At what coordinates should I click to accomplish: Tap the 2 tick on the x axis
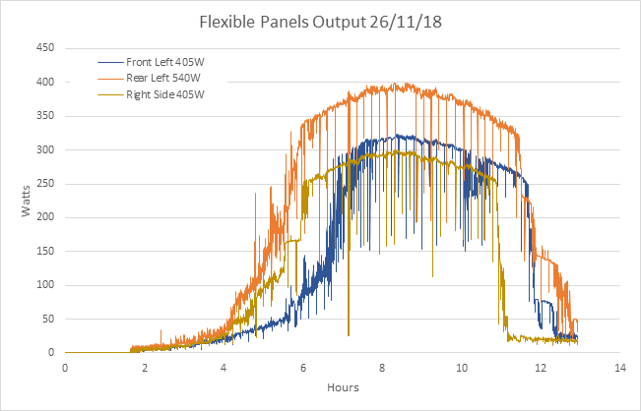(x=145, y=367)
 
